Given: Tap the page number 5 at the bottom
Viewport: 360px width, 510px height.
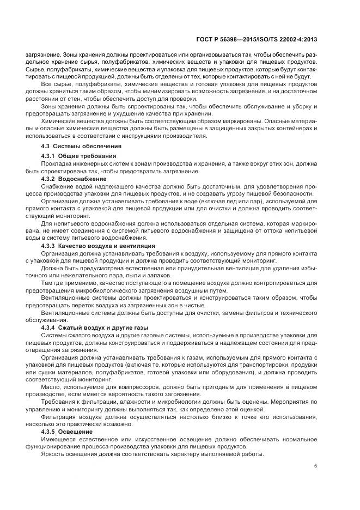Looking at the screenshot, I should [316, 465].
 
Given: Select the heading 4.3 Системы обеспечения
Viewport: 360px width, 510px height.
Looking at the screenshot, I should [81, 147].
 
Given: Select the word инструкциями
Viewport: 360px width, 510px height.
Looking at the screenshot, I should [144, 135].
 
